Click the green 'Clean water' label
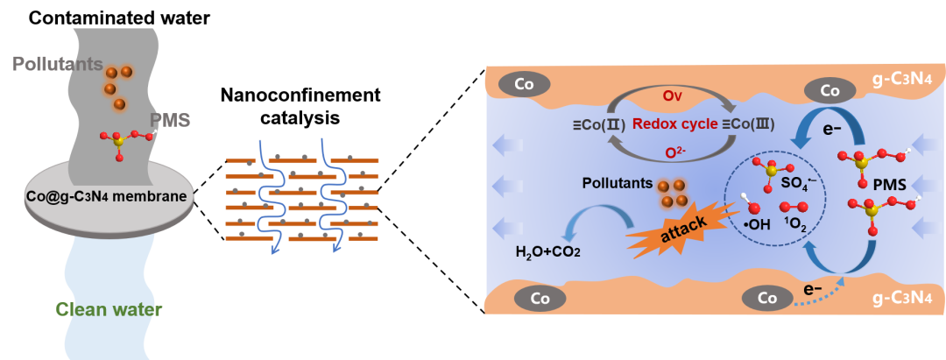pos(109,309)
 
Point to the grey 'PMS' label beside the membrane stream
pos(170,120)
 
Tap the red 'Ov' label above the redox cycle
pos(671,91)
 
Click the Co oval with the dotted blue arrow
pos(767,298)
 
